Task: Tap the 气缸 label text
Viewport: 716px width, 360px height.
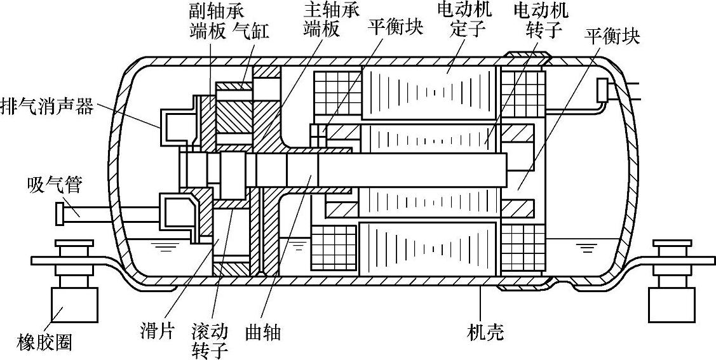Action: click(250, 31)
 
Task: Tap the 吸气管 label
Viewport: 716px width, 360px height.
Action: click(55, 184)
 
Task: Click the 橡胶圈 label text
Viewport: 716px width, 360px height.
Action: click(45, 342)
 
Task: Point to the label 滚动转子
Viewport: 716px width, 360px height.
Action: click(209, 341)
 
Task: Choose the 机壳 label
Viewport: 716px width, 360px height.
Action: click(485, 331)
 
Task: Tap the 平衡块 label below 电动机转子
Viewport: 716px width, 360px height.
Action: click(612, 37)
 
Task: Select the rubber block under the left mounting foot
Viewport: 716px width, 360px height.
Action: click(75, 304)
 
